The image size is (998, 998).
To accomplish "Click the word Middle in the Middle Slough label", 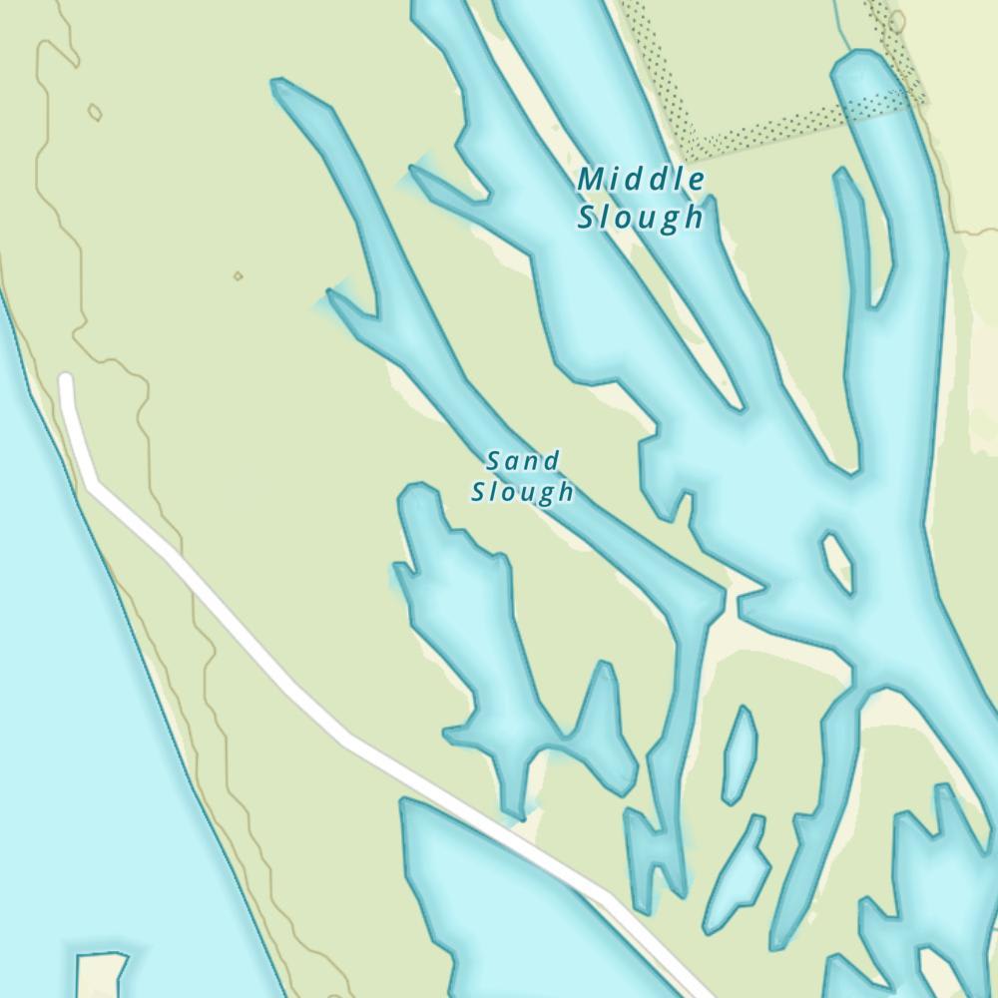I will click(642, 181).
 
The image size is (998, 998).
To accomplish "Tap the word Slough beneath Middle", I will click(640, 217).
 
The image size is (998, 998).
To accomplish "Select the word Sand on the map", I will click(522, 460).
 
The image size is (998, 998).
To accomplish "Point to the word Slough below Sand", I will click(522, 492).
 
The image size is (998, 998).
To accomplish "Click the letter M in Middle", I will click(591, 181).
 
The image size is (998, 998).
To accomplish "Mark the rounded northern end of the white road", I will click(66, 380).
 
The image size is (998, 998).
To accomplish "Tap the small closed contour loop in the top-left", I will click(95, 112).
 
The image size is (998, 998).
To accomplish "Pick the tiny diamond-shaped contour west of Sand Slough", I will click(238, 275).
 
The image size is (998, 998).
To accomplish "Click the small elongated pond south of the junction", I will click(740, 754).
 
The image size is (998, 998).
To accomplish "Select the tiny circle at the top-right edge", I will click(896, 21).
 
